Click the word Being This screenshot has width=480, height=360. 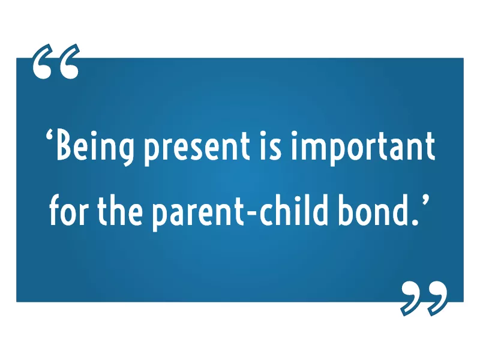(x=95, y=148)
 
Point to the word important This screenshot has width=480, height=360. (x=363, y=149)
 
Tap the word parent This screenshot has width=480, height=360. (x=199, y=214)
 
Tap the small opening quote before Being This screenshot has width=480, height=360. (x=50, y=136)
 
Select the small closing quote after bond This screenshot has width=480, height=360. (x=425, y=201)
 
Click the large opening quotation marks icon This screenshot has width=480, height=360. (x=56, y=61)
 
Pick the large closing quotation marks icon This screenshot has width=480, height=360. (x=424, y=298)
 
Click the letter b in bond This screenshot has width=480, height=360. (x=347, y=210)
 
